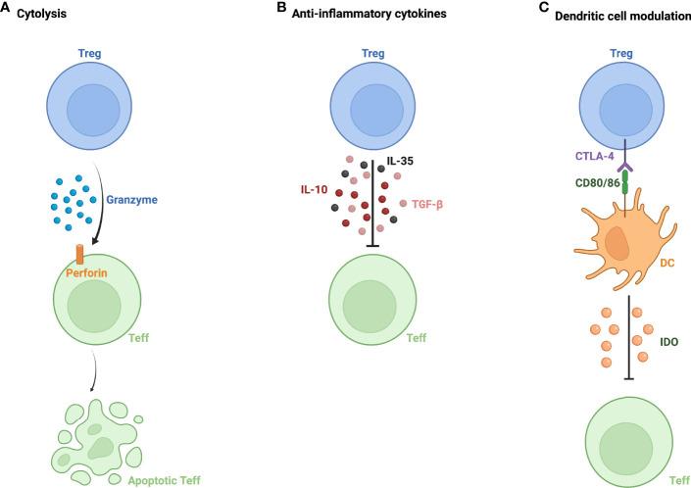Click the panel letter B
click(x=281, y=9)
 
